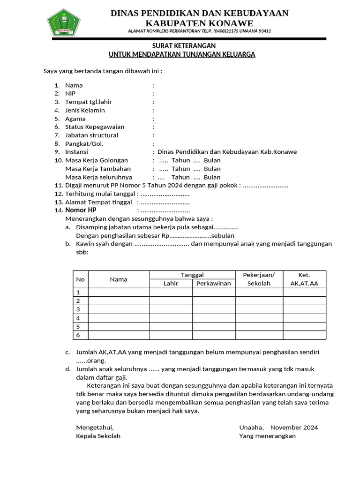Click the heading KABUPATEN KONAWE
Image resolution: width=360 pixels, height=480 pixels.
tap(199, 23)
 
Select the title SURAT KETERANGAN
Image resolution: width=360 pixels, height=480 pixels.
tap(183, 45)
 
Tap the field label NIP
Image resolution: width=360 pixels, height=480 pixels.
tap(70, 94)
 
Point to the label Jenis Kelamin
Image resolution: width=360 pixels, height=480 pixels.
tap(85, 110)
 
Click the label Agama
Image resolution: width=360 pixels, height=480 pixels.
tap(75, 119)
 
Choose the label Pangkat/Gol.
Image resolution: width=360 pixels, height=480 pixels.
tap(84, 144)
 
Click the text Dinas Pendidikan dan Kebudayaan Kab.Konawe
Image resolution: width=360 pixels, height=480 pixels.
tap(227, 152)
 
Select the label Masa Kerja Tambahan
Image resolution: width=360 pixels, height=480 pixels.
tap(98, 169)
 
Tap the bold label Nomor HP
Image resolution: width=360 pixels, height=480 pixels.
tap(81, 210)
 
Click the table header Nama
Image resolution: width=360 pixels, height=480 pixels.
tap(119, 279)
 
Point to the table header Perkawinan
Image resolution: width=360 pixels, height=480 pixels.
tap(213, 284)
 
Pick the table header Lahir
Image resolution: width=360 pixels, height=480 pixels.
tap(171, 284)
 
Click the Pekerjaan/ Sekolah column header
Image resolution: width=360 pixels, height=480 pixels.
tap(259, 279)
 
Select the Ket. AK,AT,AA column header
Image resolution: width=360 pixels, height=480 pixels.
tap(304, 279)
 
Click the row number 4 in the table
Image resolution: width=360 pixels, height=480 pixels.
tap(78, 318)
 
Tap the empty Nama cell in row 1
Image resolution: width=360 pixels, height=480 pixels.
tap(119, 292)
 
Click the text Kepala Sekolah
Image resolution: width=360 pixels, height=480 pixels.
tap(98, 436)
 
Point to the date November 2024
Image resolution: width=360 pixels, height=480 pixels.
tap(294, 427)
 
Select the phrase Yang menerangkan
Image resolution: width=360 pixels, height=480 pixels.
tap(267, 436)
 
